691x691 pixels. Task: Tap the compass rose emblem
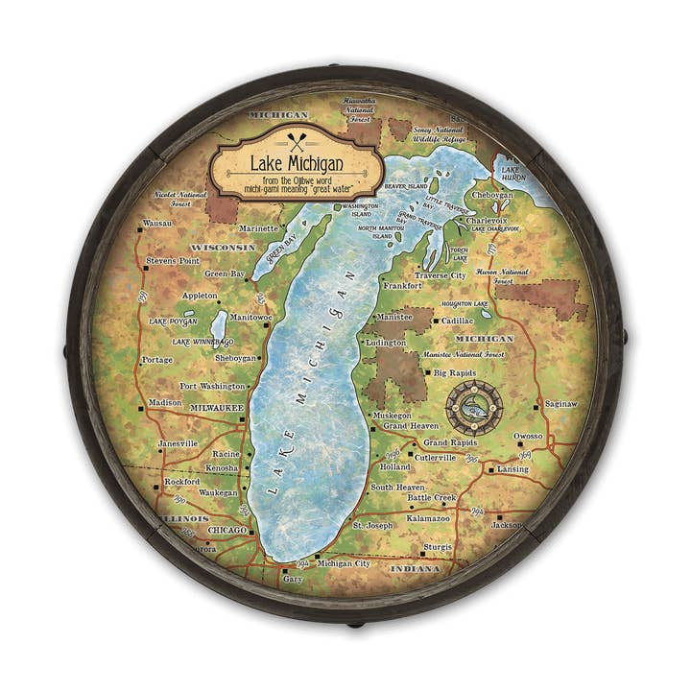[474, 408]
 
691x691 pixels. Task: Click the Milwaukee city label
[217, 407]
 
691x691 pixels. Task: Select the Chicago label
[227, 530]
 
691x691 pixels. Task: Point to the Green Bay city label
[225, 274]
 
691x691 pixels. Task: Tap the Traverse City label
[440, 275]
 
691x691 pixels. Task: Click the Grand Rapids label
[450, 443]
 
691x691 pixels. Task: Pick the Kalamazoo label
[428, 517]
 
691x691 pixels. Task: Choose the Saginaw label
[560, 404]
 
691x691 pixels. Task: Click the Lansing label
[512, 469]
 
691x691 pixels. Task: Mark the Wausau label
[156, 223]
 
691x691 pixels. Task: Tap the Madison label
[165, 402]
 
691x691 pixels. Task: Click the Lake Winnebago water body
[219, 324]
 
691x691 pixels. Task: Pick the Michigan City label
[343, 563]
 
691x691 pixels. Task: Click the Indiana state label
[416, 569]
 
